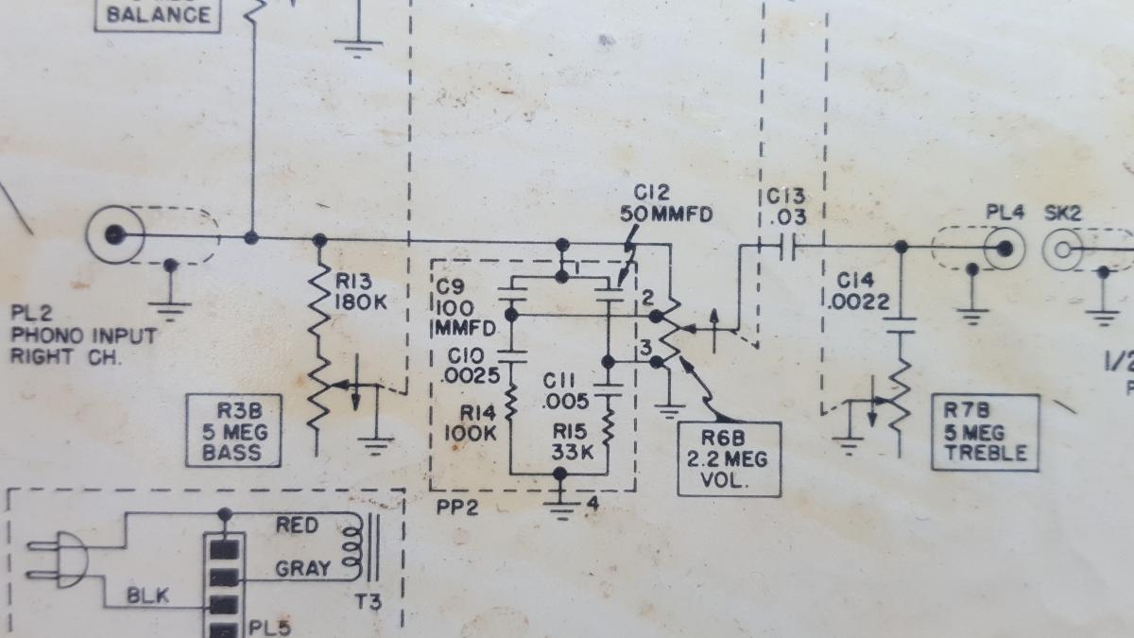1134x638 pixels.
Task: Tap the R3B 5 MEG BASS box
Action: click(234, 431)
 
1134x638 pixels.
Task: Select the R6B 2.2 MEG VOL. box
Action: click(730, 459)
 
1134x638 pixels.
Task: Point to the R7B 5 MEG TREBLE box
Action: click(984, 433)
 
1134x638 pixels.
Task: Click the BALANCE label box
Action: click(158, 15)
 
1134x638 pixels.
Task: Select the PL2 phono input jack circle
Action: click(114, 233)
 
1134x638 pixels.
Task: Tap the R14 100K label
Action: click(470, 423)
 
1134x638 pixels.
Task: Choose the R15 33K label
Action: click(572, 441)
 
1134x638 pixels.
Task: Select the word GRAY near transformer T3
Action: click(302, 568)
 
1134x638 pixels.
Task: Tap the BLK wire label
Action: click(149, 595)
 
